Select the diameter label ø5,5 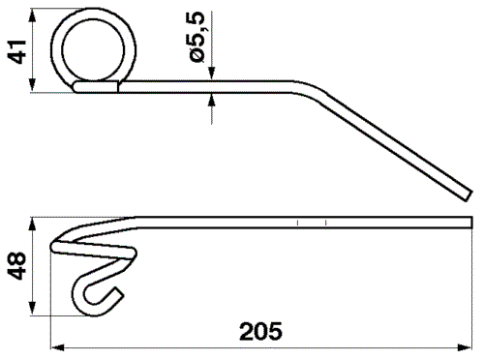(x=197, y=39)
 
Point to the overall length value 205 (x=260, y=332)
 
